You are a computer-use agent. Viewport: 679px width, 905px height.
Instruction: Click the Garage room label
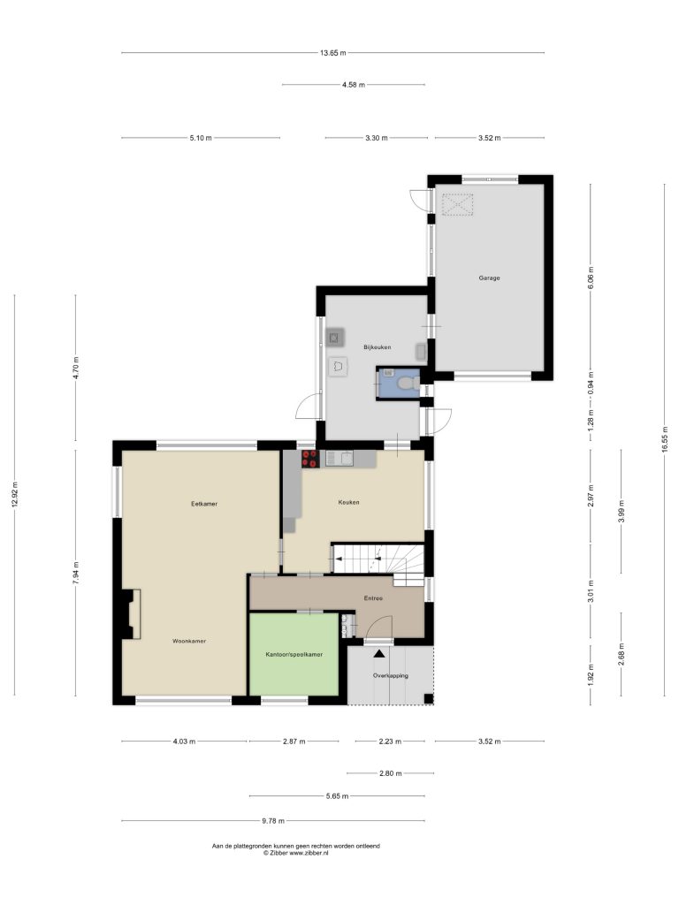tap(489, 278)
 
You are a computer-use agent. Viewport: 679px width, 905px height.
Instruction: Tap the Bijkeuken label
tap(377, 346)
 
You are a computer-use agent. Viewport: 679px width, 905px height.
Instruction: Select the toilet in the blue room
tap(408, 382)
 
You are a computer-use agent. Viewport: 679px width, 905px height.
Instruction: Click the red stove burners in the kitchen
tap(310, 459)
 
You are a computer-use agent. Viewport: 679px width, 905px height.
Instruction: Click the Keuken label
tap(348, 502)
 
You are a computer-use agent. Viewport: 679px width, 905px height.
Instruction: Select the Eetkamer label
tap(204, 504)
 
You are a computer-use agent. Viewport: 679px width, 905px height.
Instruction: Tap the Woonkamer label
tap(189, 641)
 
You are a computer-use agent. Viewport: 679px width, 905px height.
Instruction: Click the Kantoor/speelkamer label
tap(294, 655)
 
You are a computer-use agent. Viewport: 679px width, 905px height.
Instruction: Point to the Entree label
tap(373, 598)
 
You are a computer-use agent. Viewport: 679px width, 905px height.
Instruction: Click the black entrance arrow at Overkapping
tap(379, 653)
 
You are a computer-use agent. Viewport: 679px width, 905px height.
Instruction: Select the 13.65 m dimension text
tap(333, 53)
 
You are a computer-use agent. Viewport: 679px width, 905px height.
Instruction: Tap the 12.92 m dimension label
tap(15, 494)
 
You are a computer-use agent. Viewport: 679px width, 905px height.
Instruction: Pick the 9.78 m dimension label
tap(273, 821)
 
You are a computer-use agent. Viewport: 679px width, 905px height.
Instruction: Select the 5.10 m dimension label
tap(201, 138)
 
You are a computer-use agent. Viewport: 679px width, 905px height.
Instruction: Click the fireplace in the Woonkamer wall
tap(131, 613)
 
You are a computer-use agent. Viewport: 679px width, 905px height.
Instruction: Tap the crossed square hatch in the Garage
tap(458, 204)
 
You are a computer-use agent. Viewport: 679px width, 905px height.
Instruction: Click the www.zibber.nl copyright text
tap(295, 853)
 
